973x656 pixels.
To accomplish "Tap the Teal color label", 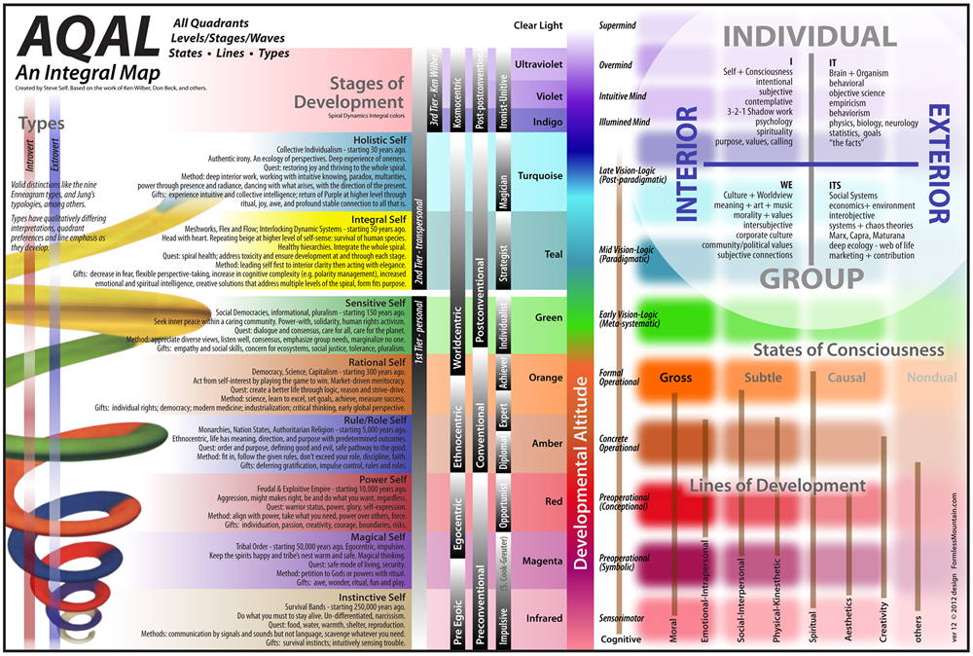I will pyautogui.click(x=554, y=255).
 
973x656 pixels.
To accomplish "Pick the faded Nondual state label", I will pyautogui.click(x=931, y=378).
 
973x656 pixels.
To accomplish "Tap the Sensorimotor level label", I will pyautogui.click(x=624, y=618).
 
